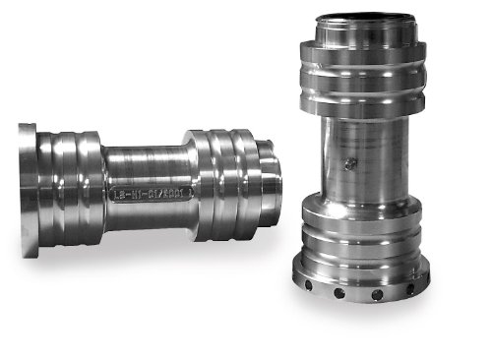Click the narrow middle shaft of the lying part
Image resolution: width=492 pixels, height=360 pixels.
148,177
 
